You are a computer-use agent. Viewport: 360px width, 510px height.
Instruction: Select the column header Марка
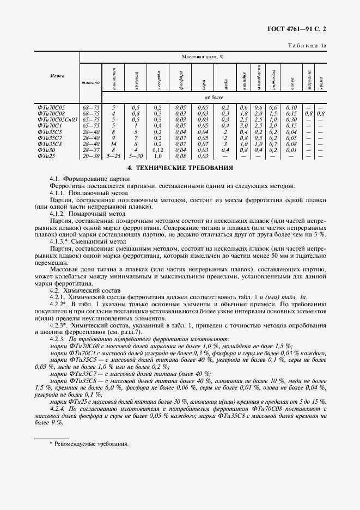tap(57, 76)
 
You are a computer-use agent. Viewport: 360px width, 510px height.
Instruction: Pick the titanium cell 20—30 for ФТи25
tap(90, 155)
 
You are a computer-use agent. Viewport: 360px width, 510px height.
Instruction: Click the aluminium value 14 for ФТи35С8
tap(113, 144)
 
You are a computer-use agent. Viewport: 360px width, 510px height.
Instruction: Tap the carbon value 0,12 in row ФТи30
tap(158, 150)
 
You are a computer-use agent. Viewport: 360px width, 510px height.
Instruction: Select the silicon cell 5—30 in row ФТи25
tap(136, 155)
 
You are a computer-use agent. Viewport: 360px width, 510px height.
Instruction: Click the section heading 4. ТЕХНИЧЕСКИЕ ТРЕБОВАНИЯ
tap(180, 168)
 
